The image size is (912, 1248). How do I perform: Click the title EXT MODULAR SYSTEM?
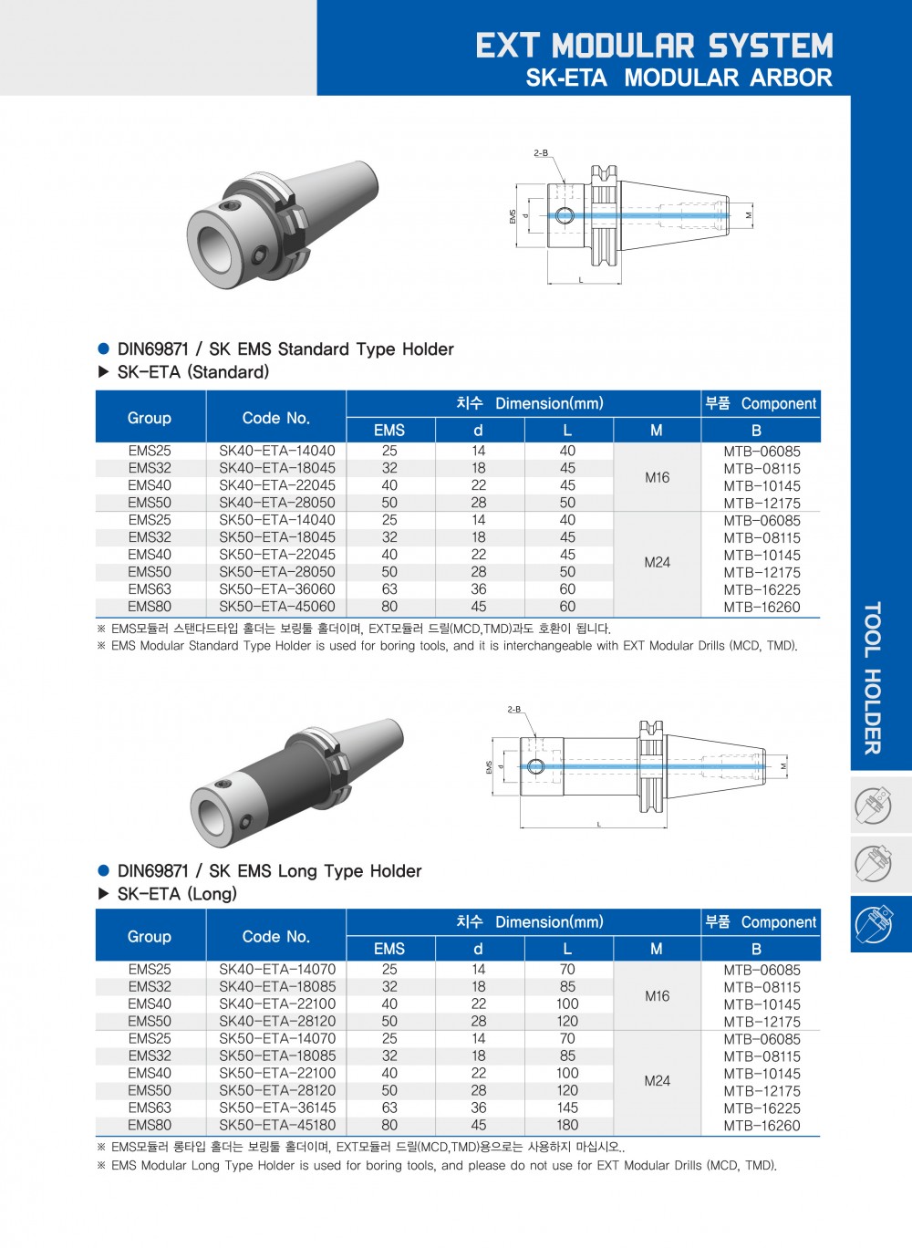pos(654,46)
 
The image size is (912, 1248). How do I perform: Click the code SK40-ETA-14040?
pos(276,451)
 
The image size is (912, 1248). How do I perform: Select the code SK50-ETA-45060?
pos(276,607)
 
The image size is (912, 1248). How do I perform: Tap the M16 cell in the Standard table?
pos(657,477)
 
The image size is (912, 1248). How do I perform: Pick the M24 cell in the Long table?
pos(657,1081)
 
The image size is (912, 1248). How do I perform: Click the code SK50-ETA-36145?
pos(276,1108)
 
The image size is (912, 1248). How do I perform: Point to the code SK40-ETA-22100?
pos(276,1004)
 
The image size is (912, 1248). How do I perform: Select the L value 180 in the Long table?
pos(567,1125)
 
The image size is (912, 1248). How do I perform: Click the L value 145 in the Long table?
pos(567,1108)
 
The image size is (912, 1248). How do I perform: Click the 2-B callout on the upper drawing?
pos(541,153)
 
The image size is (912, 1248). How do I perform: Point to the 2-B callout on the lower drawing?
pos(514,709)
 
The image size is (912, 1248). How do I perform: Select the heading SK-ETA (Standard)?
pos(193,372)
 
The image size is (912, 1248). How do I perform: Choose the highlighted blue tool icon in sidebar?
pos(874,923)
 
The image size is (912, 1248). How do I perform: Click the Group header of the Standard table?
pos(150,418)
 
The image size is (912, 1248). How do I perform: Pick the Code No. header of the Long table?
pos(276,937)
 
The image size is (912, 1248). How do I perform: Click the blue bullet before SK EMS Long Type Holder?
pos(104,871)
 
